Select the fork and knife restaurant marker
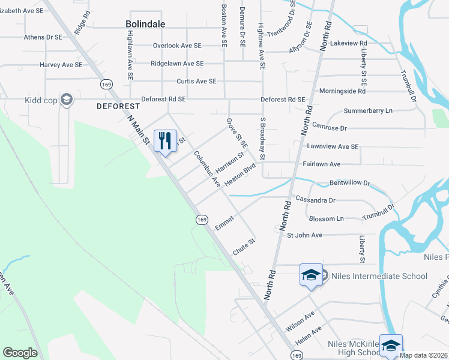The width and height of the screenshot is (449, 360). click(164, 141)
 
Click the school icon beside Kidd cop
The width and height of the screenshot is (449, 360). click(67, 100)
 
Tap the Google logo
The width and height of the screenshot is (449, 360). click(20, 353)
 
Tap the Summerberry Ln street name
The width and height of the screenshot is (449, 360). click(367, 111)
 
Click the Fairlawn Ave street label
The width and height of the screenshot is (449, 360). click(322, 164)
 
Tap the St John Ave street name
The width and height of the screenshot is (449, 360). click(304, 235)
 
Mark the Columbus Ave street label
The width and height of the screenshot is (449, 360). click(207, 169)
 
